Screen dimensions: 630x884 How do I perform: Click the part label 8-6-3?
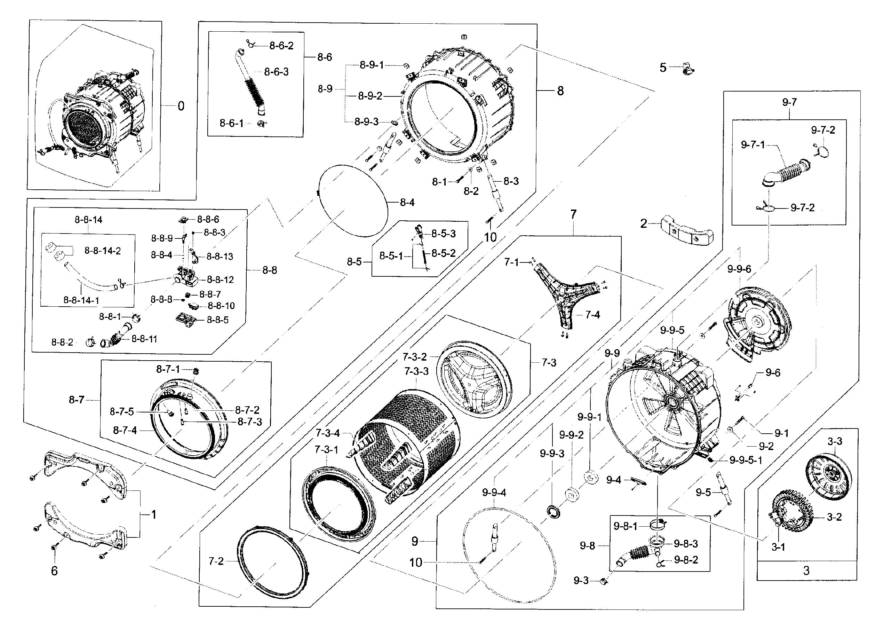[x=276, y=72]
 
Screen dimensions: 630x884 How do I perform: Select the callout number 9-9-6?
[x=739, y=269]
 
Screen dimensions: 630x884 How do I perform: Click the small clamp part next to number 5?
[x=687, y=69]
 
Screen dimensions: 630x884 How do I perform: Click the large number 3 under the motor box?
[x=806, y=570]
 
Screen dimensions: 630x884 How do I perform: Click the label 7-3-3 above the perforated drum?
[x=416, y=371]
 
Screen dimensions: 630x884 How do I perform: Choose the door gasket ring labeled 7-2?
[x=273, y=562]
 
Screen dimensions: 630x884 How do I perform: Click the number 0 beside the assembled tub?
[x=181, y=106]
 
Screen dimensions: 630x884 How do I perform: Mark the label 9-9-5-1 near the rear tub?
[x=746, y=460]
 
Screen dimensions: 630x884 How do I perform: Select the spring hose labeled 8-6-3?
[x=251, y=85]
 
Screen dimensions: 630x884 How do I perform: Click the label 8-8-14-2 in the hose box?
[x=102, y=251]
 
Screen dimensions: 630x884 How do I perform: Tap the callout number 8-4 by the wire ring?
[x=407, y=202]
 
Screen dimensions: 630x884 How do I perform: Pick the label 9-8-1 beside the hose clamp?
[x=625, y=526]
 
